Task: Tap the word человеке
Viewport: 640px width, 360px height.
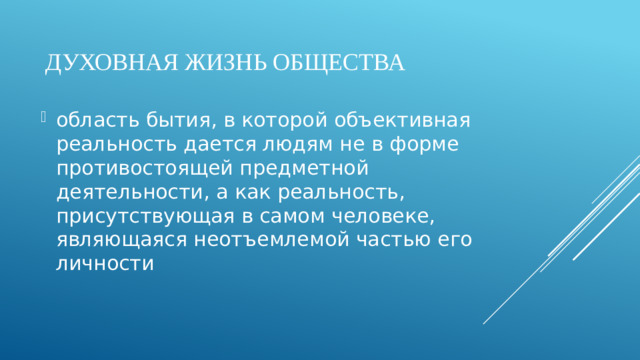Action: pos(385,216)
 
